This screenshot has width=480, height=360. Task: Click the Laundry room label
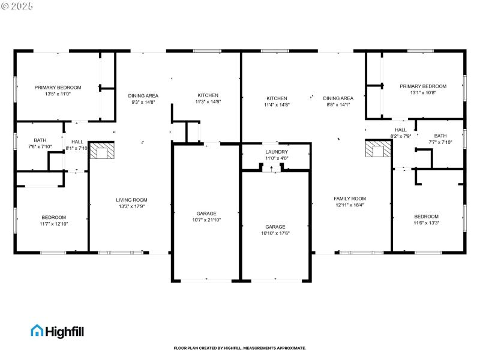click(x=277, y=152)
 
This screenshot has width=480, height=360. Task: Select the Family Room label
click(x=350, y=199)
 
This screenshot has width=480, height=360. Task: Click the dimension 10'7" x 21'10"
click(x=206, y=220)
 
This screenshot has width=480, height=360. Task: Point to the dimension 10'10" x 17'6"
click(x=276, y=233)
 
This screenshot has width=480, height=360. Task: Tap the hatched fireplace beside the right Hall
click(x=377, y=149)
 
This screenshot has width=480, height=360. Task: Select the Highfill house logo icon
click(x=37, y=330)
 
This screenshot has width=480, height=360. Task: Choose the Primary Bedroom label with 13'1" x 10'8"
click(x=423, y=86)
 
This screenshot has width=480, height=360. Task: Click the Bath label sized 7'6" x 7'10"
click(x=40, y=140)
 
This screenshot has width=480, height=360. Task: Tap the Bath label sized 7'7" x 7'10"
click(x=440, y=136)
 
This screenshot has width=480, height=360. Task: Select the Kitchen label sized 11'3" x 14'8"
click(x=208, y=95)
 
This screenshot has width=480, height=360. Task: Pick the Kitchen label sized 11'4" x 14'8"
click(x=277, y=98)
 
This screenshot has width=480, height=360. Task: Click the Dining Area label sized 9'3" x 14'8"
click(x=143, y=95)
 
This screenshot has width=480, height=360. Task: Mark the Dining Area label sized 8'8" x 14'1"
click(x=338, y=98)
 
